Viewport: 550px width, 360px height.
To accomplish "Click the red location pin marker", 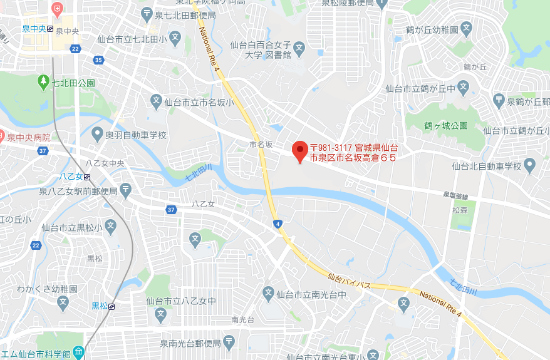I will click(299, 151).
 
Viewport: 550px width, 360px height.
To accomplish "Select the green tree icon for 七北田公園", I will click(43, 81).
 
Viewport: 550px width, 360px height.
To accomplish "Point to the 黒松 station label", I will click(100, 306).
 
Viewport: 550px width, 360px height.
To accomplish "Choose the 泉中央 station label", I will click(34, 28).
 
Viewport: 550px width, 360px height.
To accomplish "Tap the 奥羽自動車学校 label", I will click(136, 135).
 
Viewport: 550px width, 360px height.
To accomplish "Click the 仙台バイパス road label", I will click(350, 281).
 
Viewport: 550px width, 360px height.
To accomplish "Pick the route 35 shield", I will click(98, 60).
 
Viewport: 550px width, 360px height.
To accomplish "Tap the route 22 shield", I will click(75, 49).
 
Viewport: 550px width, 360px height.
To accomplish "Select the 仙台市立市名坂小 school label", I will click(199, 101).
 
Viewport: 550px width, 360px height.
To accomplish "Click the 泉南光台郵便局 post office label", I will click(190, 343).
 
